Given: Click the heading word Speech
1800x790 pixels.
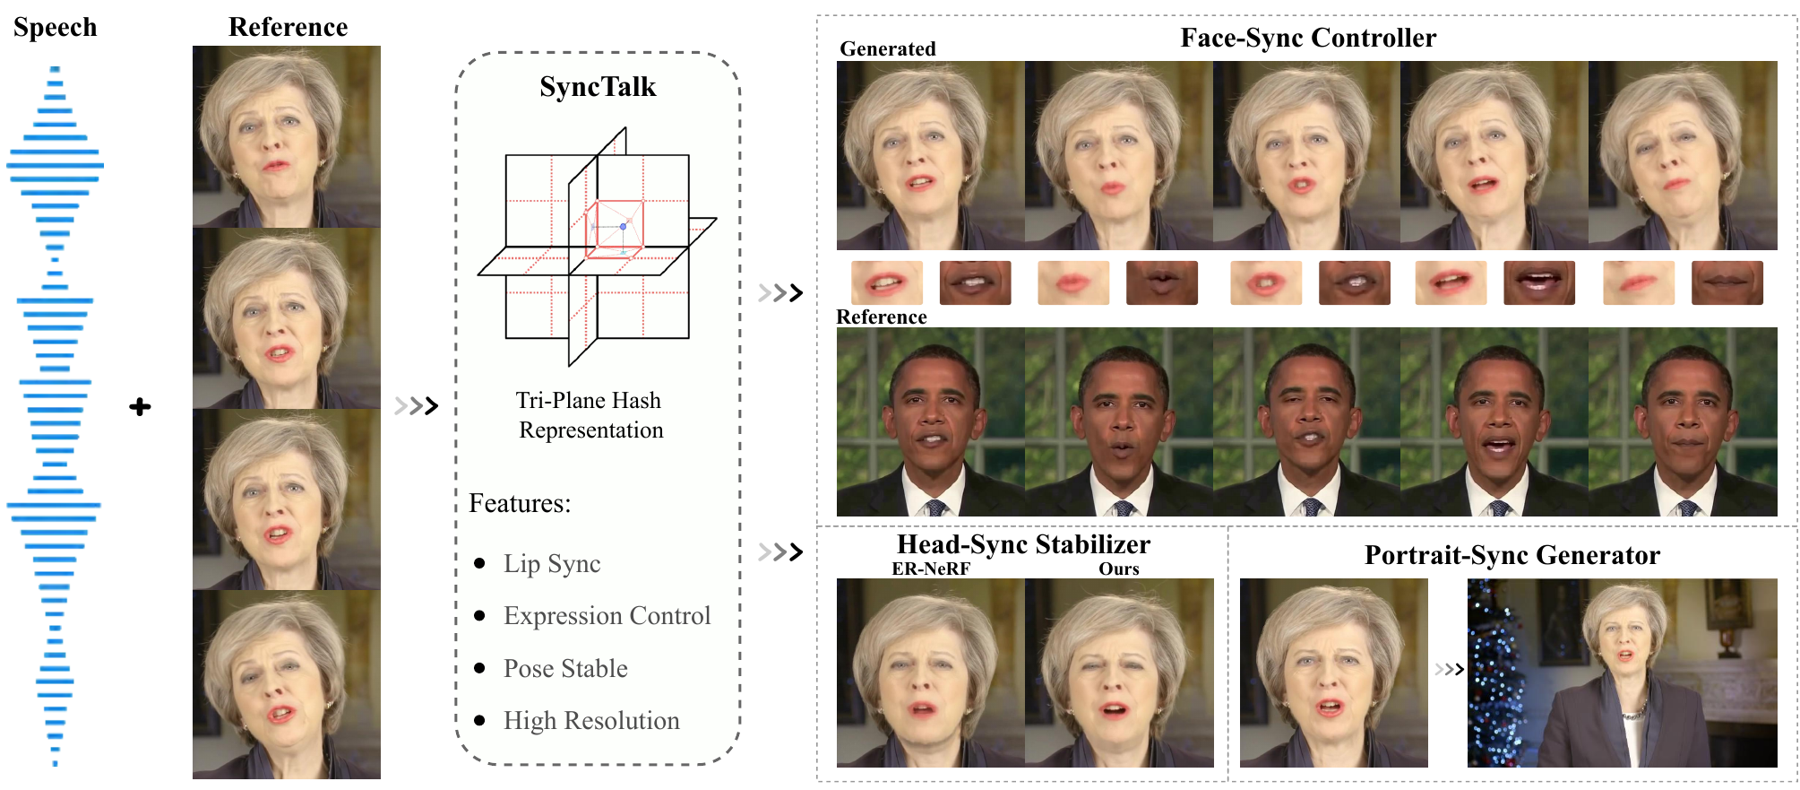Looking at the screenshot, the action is pos(56,28).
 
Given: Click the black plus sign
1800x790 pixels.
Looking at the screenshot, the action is pos(140,407).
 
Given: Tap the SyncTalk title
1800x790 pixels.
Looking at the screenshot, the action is pos(598,87).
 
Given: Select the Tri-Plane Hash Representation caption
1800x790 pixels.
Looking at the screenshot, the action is pos(590,415).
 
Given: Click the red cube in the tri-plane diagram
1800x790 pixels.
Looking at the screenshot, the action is pos(614,229).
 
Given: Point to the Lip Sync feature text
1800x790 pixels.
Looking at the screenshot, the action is pos(552,564).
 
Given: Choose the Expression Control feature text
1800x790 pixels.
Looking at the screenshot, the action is pos(607,616).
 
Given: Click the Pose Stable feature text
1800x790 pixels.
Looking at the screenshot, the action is pos(565,669).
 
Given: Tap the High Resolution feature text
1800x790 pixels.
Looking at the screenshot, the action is pos(591,721).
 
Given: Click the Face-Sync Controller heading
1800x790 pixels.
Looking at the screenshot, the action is pos(1308,38).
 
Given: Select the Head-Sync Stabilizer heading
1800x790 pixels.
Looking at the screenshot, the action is pos(1023,544).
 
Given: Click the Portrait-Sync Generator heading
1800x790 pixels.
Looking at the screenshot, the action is pos(1511,555).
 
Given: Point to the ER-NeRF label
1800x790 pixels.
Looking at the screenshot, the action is pos(931,569).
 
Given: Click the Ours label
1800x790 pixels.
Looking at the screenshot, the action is pos(1119,569).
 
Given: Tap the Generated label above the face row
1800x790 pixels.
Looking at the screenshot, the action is pos(887,49).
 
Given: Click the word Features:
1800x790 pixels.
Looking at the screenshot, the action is pos(520,504).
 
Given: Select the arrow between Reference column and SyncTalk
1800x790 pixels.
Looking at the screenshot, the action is pos(417,406).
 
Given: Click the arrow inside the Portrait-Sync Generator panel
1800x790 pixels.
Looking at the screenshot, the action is pos(1449,669).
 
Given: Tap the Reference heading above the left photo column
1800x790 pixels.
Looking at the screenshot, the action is pos(288,28).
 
